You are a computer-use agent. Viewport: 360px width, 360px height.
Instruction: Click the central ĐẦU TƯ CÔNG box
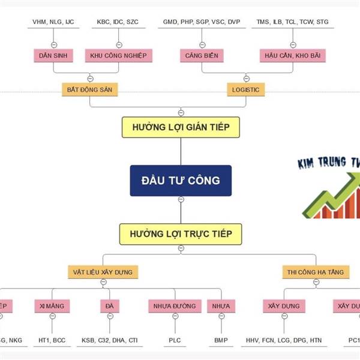(181, 180)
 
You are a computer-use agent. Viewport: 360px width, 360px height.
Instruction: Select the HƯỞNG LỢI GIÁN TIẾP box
(181, 127)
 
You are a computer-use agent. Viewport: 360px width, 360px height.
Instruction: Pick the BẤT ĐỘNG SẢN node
(90, 89)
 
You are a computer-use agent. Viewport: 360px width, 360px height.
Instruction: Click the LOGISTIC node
(246, 89)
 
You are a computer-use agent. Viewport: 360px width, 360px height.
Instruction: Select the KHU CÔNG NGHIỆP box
(118, 56)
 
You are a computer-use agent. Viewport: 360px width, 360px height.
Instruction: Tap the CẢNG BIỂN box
(202, 56)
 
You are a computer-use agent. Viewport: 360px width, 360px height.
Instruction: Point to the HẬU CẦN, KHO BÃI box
(293, 56)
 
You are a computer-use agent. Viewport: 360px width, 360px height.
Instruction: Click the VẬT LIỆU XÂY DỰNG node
(103, 272)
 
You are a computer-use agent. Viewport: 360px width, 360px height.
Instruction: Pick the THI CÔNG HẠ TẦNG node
(316, 272)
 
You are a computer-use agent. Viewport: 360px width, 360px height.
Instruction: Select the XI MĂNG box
(52, 306)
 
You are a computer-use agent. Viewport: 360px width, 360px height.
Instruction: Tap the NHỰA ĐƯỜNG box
(174, 306)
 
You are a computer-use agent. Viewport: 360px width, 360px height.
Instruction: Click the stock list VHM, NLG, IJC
(53, 22)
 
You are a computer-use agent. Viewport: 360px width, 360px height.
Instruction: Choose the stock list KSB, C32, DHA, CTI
(109, 340)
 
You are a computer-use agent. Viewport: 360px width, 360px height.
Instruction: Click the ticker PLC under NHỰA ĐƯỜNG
(175, 340)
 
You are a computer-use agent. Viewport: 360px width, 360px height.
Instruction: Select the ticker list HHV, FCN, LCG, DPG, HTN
(284, 340)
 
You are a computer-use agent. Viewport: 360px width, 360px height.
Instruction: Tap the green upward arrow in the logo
(336, 192)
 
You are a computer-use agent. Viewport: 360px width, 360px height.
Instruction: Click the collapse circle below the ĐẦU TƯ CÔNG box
(181, 200)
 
